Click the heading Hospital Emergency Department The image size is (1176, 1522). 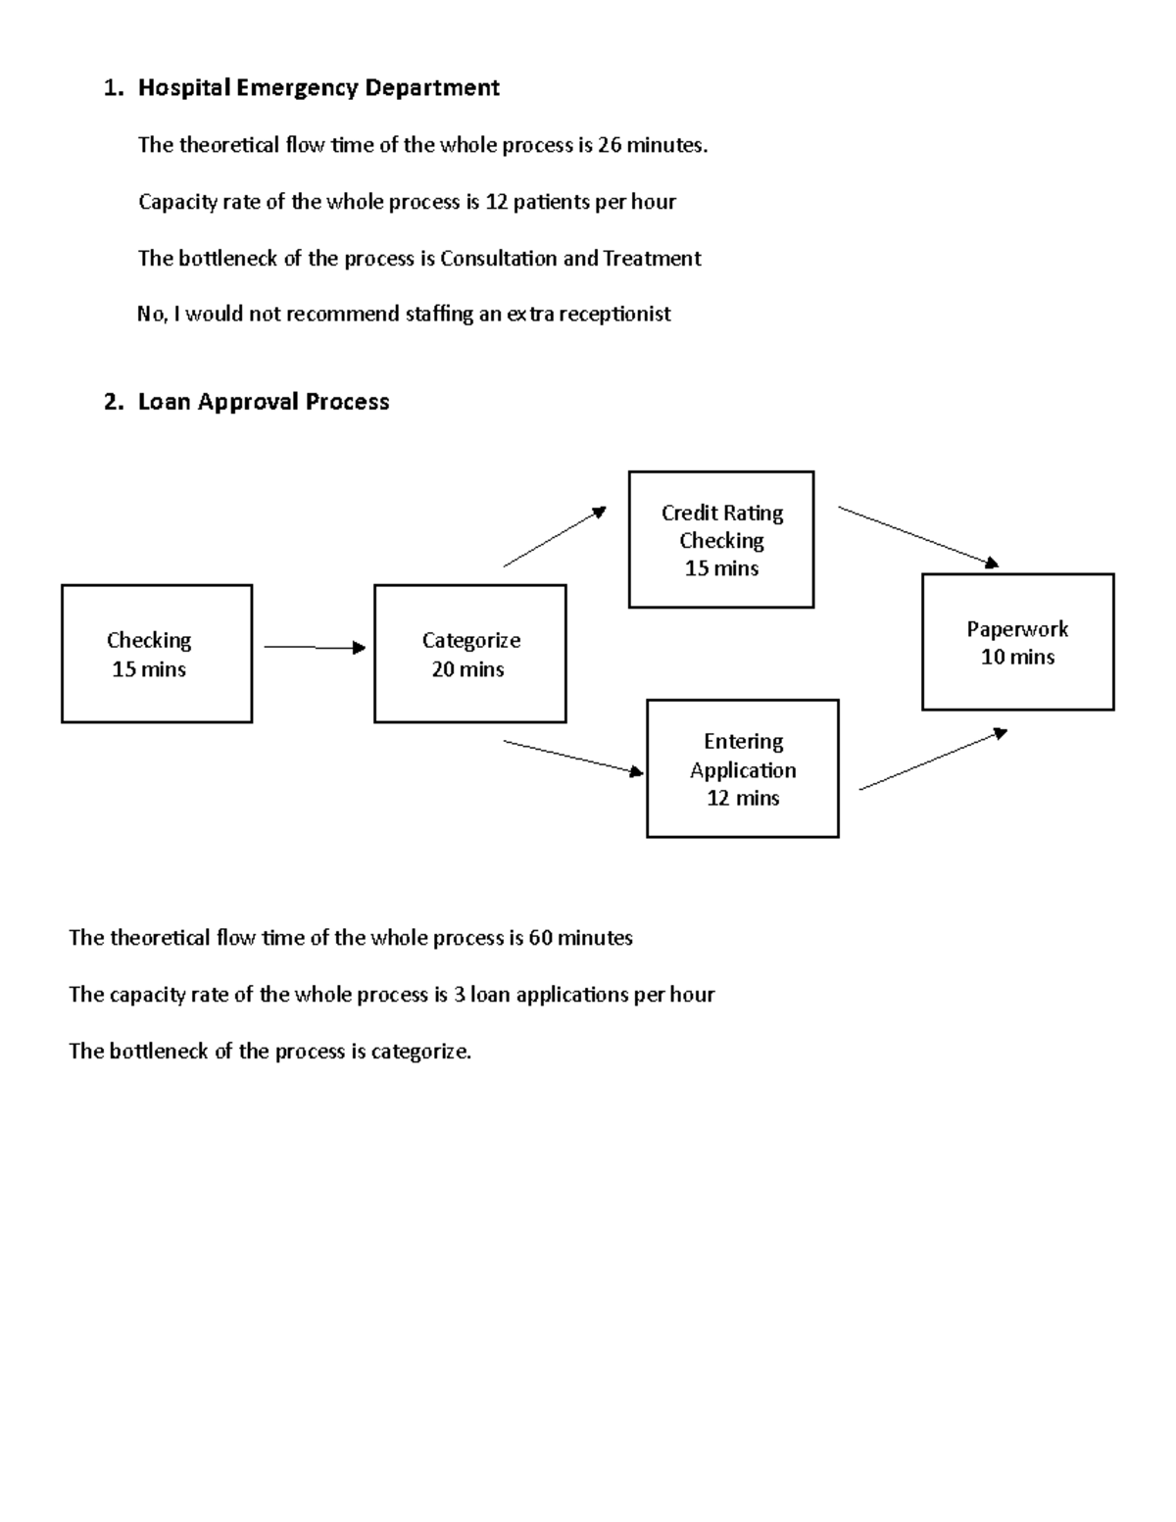coord(318,88)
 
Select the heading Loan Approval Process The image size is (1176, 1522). coord(264,402)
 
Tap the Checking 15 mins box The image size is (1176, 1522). coord(157,654)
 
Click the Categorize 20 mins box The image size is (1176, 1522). coord(469,654)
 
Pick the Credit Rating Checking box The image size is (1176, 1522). coord(721,540)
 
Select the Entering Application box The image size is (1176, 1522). coord(743,768)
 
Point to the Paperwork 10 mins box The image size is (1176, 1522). coord(1017,642)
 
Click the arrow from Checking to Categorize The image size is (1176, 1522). coord(314,647)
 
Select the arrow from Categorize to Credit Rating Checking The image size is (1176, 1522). coord(555,536)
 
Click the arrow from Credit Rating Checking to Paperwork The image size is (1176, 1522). coord(918,536)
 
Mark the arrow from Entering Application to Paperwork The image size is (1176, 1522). coord(933,760)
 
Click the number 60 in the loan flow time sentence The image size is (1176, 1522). coord(540,938)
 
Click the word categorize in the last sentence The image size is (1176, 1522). coord(419,1052)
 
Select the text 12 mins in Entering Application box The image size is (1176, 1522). coord(743,798)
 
